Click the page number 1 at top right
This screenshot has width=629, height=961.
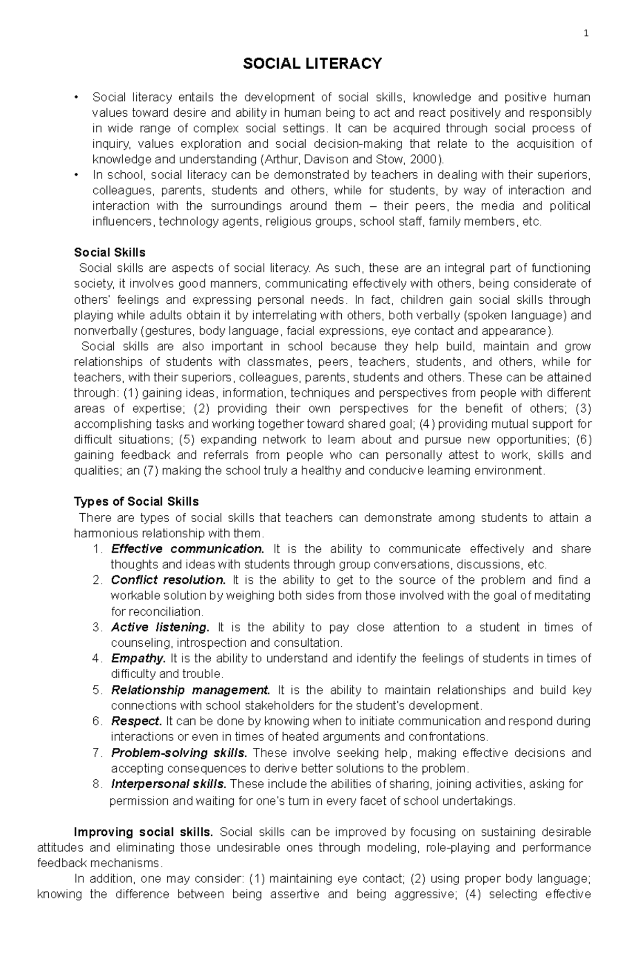click(587, 34)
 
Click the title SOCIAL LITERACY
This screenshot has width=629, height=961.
click(312, 64)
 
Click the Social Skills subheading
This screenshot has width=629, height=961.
click(110, 252)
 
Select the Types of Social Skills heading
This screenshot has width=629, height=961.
click(136, 502)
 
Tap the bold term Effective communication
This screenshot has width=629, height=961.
click(188, 549)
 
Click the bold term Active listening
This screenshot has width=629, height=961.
click(160, 627)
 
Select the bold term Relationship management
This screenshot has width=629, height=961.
click(191, 690)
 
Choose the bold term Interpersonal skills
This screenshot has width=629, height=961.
click(169, 784)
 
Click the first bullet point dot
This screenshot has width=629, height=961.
click(77, 97)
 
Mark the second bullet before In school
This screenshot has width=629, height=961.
click(77, 175)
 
